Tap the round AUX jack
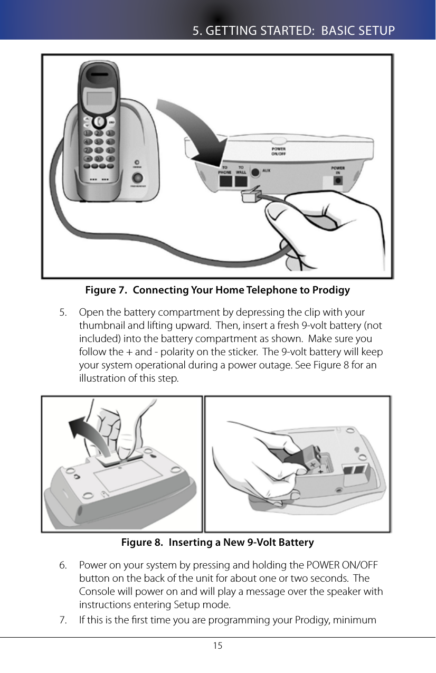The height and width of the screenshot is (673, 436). click(x=256, y=173)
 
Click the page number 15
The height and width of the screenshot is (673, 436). click(x=217, y=646)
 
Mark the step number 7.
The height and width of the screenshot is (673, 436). click(x=63, y=619)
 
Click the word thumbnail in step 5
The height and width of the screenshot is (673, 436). click(x=100, y=325)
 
